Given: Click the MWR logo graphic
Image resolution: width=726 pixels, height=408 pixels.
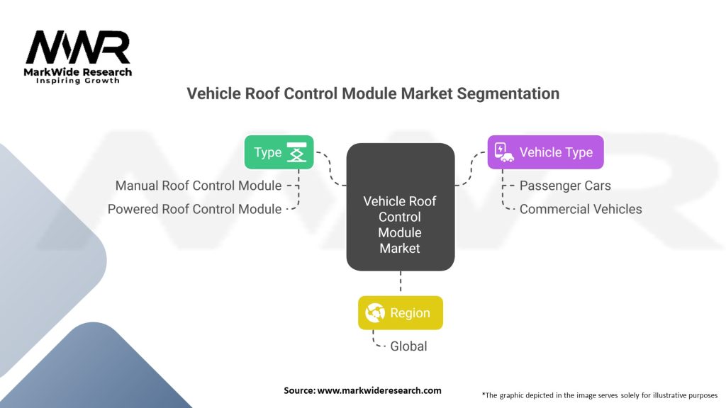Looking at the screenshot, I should click(x=78, y=47).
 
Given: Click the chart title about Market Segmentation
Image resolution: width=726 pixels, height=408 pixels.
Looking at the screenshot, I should click(x=373, y=93).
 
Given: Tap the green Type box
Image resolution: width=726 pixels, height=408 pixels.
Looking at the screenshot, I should click(x=279, y=152).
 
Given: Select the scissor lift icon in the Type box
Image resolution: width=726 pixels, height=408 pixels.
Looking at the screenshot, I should click(x=295, y=152).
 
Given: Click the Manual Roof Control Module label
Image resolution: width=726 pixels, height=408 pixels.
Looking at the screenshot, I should click(x=199, y=186).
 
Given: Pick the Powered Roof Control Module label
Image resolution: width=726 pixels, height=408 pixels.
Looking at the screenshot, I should click(x=195, y=209).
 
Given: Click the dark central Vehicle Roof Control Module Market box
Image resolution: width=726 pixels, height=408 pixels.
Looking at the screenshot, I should click(x=400, y=207).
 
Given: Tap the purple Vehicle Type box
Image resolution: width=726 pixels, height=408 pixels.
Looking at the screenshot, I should click(x=545, y=152).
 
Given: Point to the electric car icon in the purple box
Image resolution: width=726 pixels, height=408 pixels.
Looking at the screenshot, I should click(x=503, y=152).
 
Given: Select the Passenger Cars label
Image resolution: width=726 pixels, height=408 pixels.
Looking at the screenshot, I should click(x=565, y=186).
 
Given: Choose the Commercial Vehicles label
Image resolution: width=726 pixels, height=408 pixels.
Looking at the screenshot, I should click(x=581, y=209).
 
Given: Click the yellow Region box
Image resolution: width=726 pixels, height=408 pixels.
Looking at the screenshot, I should click(x=400, y=312).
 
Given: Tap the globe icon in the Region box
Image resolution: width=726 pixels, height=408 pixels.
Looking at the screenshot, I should click(x=375, y=312).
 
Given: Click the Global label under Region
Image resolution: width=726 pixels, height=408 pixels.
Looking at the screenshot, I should click(x=409, y=346).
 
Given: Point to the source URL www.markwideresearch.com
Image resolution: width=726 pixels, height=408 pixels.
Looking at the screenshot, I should click(x=379, y=390).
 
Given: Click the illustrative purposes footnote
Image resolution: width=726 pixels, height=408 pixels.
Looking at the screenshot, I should click(x=599, y=395).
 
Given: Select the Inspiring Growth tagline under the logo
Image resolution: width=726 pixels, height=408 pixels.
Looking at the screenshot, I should click(x=78, y=81).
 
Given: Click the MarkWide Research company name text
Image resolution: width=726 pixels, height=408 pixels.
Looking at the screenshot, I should click(x=78, y=72).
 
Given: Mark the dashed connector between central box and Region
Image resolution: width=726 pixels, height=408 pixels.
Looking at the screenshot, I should click(x=400, y=283).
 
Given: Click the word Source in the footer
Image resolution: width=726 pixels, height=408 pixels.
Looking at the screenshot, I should click(x=298, y=390).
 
